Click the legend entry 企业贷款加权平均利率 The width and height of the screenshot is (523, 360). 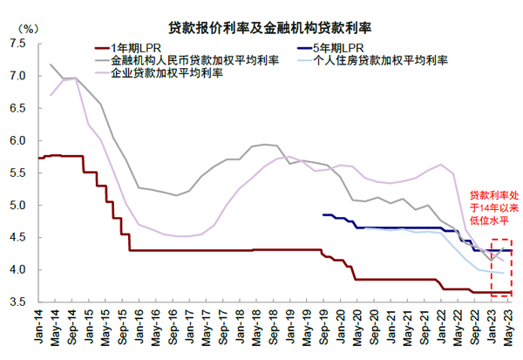pyautogui.click(x=166, y=73)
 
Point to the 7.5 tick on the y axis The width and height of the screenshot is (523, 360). pyautogui.click(x=17, y=44)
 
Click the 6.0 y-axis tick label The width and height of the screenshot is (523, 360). pyautogui.click(x=17, y=140)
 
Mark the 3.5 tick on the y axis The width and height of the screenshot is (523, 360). pyautogui.click(x=17, y=302)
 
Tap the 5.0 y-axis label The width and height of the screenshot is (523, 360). pyautogui.click(x=17, y=205)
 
